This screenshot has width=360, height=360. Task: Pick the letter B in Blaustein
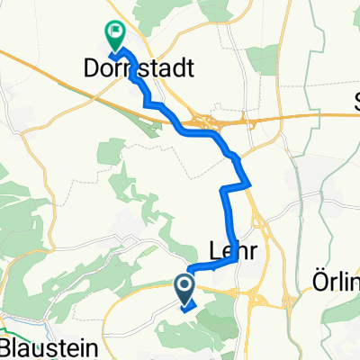coord(7,347)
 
